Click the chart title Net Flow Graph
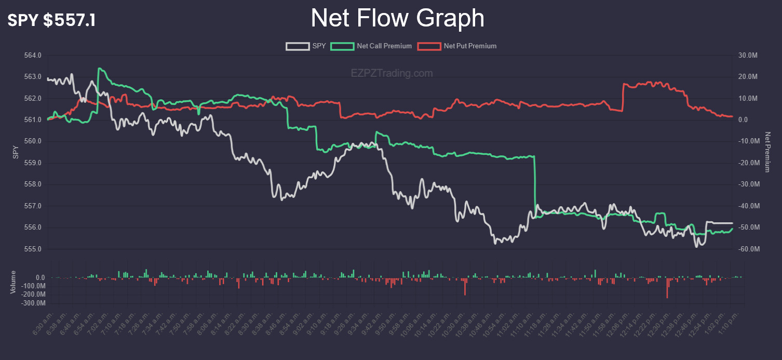(397, 19)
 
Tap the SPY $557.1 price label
(51, 21)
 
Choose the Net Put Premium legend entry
(457, 46)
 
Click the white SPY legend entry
(306, 46)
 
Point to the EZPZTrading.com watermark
(392, 74)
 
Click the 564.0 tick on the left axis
(33, 56)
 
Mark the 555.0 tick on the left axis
(33, 249)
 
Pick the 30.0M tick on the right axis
(748, 56)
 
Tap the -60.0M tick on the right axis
(748, 249)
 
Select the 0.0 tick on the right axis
(743, 120)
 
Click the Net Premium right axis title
(767, 152)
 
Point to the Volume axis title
(14, 282)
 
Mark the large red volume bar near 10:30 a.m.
(465, 287)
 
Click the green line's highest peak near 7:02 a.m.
(99, 69)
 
